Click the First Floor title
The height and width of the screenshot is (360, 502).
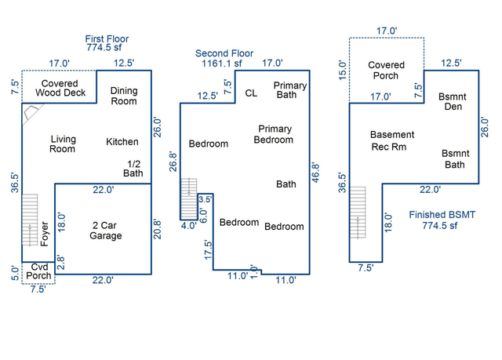click(x=107, y=39)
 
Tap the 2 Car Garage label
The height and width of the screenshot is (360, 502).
click(x=105, y=231)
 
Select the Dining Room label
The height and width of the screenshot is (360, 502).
click(x=124, y=96)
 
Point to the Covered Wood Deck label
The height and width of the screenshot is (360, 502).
click(x=60, y=88)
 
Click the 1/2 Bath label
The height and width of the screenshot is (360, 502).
click(x=133, y=169)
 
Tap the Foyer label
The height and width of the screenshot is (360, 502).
click(x=45, y=234)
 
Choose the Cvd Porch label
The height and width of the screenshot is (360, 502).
click(x=38, y=271)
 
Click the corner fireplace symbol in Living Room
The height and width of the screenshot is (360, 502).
click(x=32, y=113)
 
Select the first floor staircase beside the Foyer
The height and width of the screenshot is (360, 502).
click(x=30, y=220)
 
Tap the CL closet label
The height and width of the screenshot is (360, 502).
click(x=251, y=93)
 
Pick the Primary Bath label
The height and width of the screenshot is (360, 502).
click(x=290, y=90)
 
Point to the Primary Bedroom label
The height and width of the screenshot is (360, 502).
click(x=275, y=134)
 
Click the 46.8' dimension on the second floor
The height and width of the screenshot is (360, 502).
click(x=315, y=173)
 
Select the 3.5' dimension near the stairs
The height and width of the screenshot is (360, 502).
click(x=206, y=199)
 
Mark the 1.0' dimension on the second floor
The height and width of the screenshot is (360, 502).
click(x=254, y=271)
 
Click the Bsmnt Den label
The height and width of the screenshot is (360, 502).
click(x=453, y=101)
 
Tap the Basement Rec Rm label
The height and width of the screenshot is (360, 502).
click(x=392, y=140)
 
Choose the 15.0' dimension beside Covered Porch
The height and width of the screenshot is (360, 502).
click(x=343, y=71)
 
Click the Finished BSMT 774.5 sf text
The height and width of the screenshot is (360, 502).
click(x=442, y=220)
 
